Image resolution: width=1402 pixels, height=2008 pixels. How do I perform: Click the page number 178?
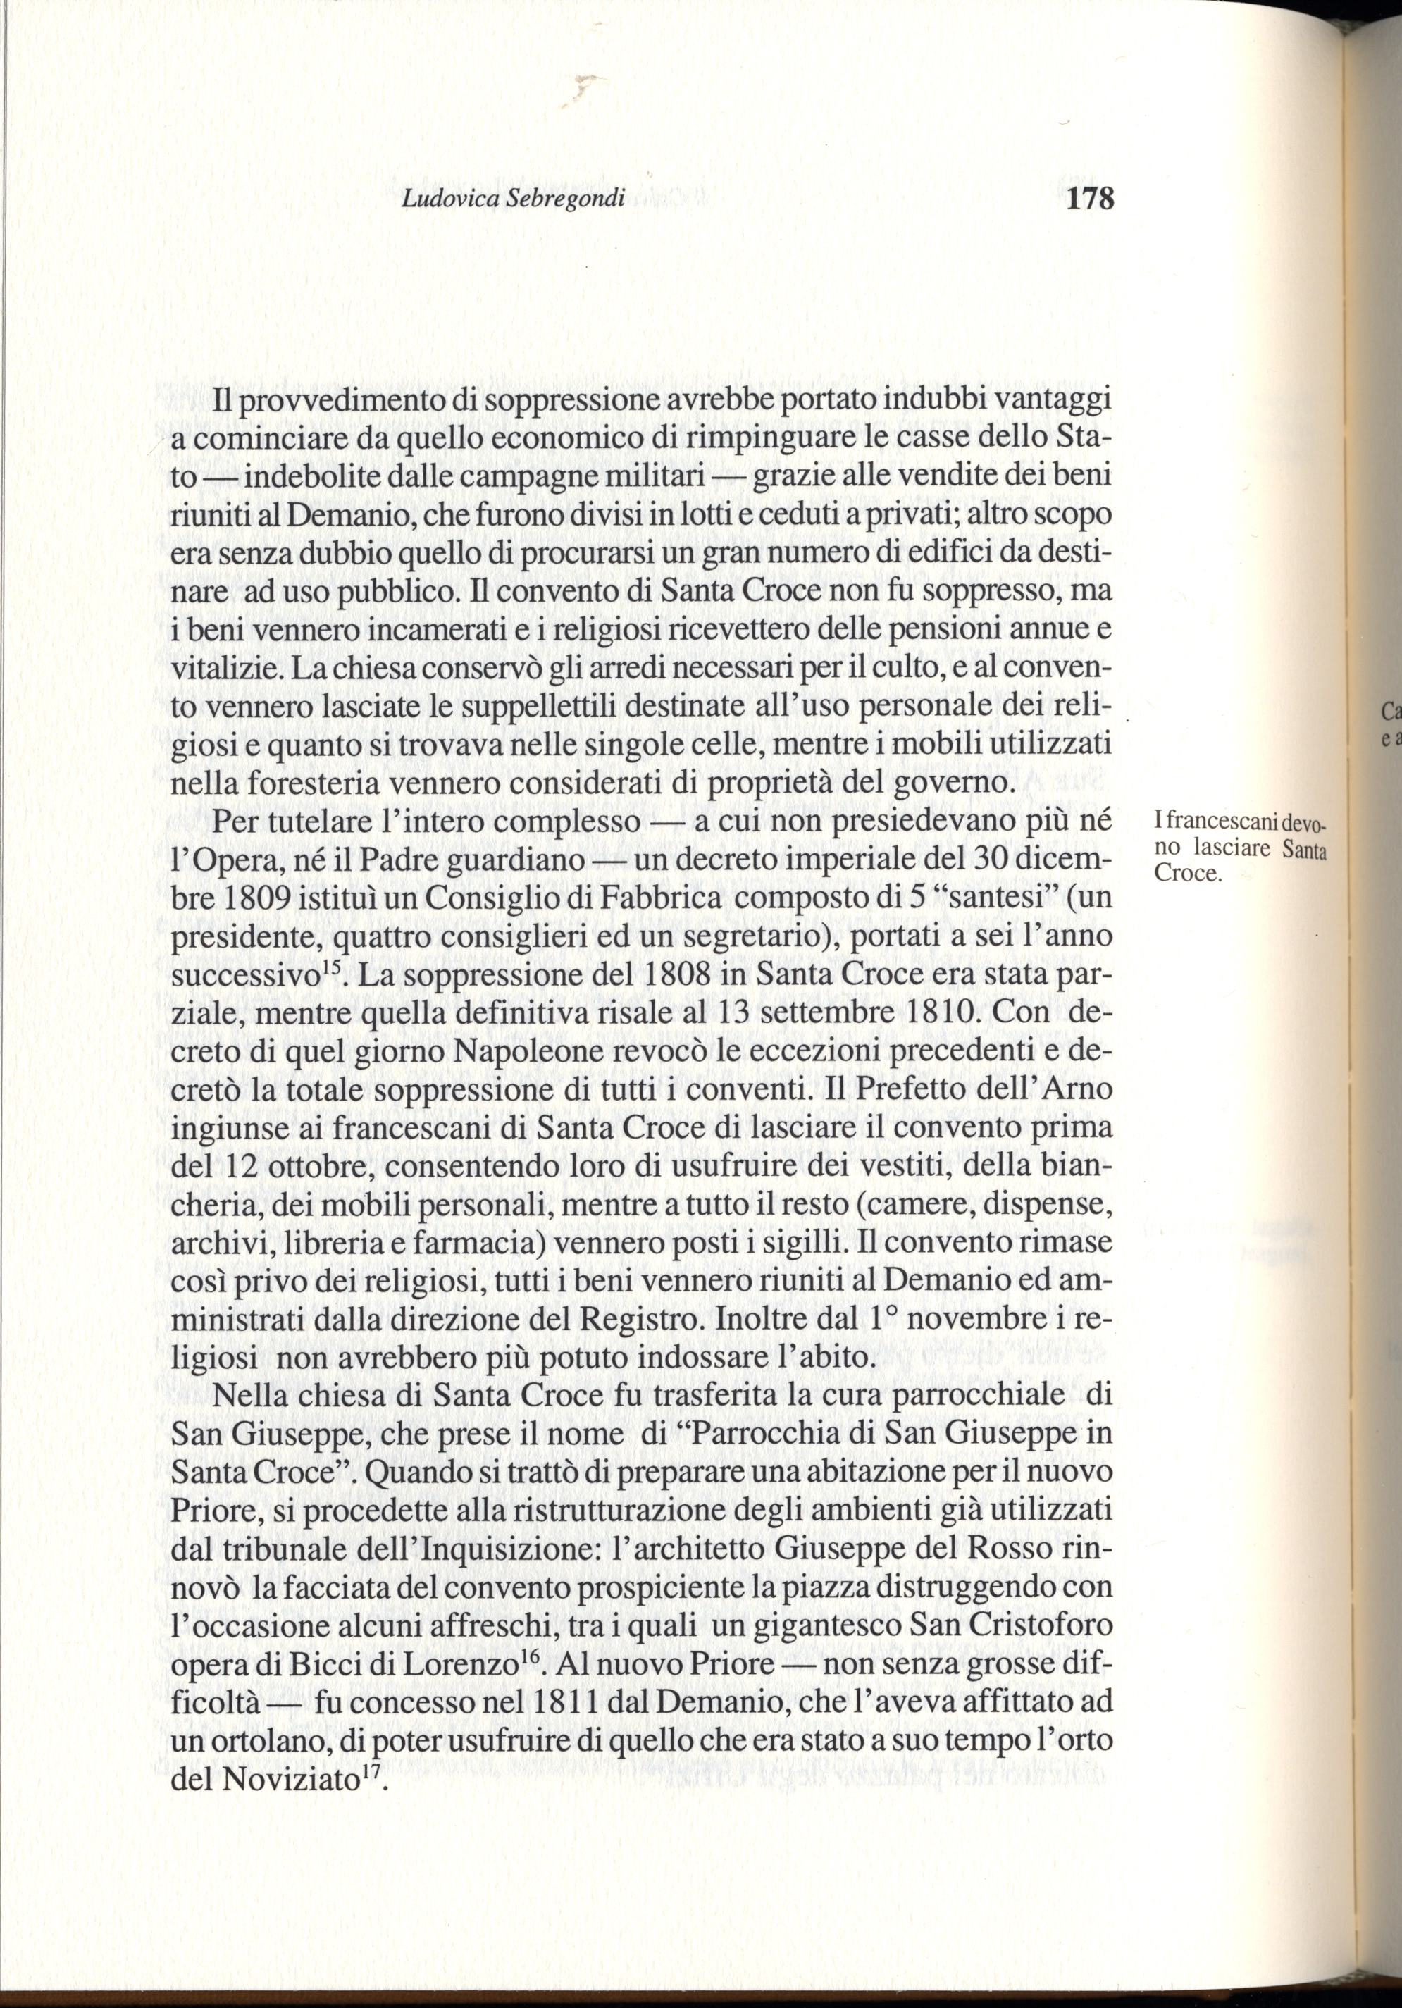coord(1091,199)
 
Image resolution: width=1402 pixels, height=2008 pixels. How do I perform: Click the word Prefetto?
coord(918,1091)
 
